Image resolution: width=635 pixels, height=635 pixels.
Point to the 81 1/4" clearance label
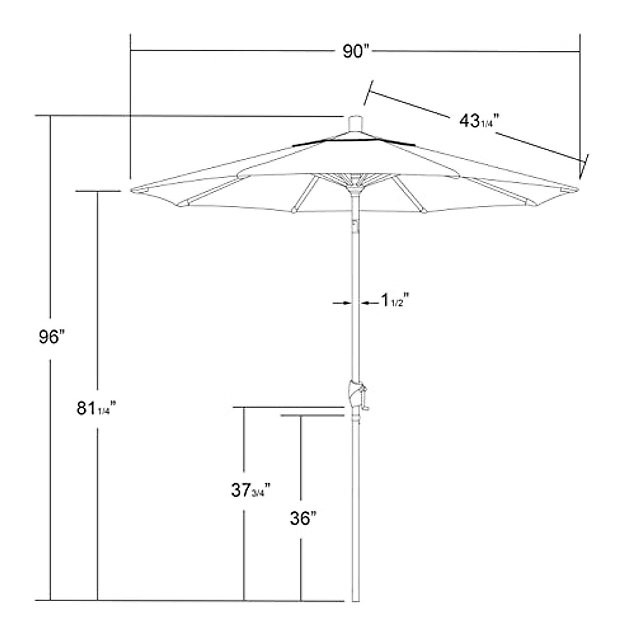coord(95,409)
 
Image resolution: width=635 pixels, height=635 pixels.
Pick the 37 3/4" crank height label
coord(251,491)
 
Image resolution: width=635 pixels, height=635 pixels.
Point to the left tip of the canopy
coord(132,189)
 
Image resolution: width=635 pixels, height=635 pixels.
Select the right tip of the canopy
coord(577,189)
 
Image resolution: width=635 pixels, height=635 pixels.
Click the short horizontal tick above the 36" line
coord(312,416)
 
